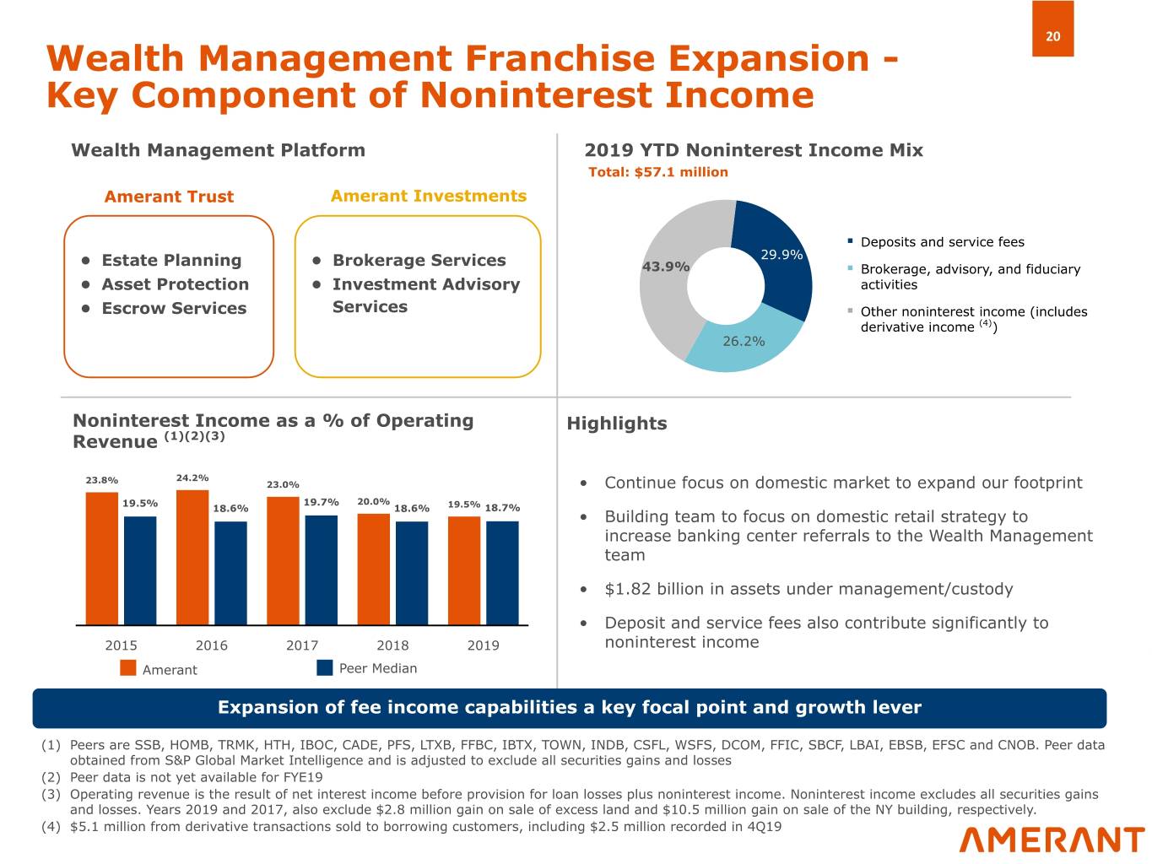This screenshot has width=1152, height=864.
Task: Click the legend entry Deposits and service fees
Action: (942, 242)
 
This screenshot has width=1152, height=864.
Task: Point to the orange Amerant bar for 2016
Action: (192, 557)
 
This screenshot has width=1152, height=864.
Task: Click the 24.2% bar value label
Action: (192, 478)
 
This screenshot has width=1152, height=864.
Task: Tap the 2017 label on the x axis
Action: (302, 645)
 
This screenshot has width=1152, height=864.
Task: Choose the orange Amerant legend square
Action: (128, 668)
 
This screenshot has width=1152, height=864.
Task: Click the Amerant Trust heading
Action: (169, 197)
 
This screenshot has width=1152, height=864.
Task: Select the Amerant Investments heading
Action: (428, 196)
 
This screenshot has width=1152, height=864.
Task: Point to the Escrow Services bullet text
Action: (174, 309)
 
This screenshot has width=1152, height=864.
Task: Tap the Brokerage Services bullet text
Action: (419, 261)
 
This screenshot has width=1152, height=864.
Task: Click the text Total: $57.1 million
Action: (657, 172)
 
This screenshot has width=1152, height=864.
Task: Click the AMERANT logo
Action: (1052, 840)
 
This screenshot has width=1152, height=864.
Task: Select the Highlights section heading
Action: (616, 424)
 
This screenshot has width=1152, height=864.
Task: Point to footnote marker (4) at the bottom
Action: (51, 826)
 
